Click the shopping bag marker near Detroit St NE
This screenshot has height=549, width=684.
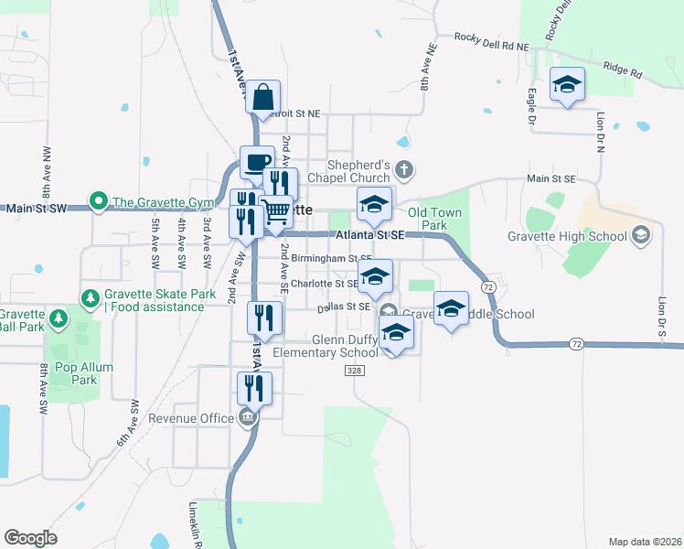[262, 97]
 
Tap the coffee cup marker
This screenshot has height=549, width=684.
[257, 163]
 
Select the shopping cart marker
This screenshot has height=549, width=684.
[276, 212]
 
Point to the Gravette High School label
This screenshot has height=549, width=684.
[568, 236]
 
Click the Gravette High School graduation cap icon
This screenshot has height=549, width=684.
[641, 236]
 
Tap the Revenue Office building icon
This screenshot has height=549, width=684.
[248, 418]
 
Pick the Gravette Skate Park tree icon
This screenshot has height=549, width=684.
[90, 297]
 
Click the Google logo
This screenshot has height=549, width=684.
[30, 538]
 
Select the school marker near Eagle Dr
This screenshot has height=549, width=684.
[567, 85]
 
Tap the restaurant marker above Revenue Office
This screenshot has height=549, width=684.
[255, 388]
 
